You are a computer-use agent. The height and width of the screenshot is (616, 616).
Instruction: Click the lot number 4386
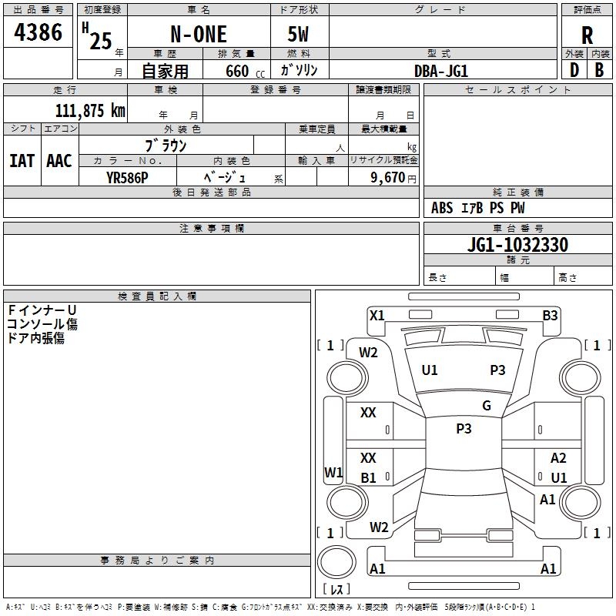tap(38, 32)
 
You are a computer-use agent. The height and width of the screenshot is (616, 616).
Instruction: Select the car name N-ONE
tap(199, 34)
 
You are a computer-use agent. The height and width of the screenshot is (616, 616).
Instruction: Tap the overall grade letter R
tap(587, 35)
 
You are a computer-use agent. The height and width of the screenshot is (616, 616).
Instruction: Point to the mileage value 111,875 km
tap(90, 111)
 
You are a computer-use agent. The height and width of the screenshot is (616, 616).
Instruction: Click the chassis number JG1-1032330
tap(517, 245)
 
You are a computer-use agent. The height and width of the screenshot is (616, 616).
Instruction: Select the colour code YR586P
tap(127, 178)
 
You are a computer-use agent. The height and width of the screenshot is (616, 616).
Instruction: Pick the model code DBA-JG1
tap(441, 71)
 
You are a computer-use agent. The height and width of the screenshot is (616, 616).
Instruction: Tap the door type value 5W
tap(298, 34)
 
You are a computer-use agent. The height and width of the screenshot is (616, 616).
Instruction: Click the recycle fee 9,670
tap(388, 178)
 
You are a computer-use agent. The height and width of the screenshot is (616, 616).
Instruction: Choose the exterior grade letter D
tap(574, 70)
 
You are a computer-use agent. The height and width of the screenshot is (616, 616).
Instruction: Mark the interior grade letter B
tap(599, 70)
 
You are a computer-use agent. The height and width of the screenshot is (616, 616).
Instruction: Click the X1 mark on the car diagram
tap(377, 316)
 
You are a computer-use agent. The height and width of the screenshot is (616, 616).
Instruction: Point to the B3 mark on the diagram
tap(550, 316)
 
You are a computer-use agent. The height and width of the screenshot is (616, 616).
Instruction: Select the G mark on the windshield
tap(487, 406)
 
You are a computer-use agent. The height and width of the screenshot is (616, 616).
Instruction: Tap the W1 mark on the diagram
tap(333, 472)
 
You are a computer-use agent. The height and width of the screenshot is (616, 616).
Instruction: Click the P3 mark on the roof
tap(464, 429)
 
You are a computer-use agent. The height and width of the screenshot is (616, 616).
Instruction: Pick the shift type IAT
tap(22, 161)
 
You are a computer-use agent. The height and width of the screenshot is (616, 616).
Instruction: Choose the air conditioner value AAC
tap(59, 161)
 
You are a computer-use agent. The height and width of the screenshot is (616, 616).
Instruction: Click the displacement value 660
tap(237, 71)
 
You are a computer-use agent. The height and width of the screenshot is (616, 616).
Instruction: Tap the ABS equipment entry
tap(442, 208)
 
